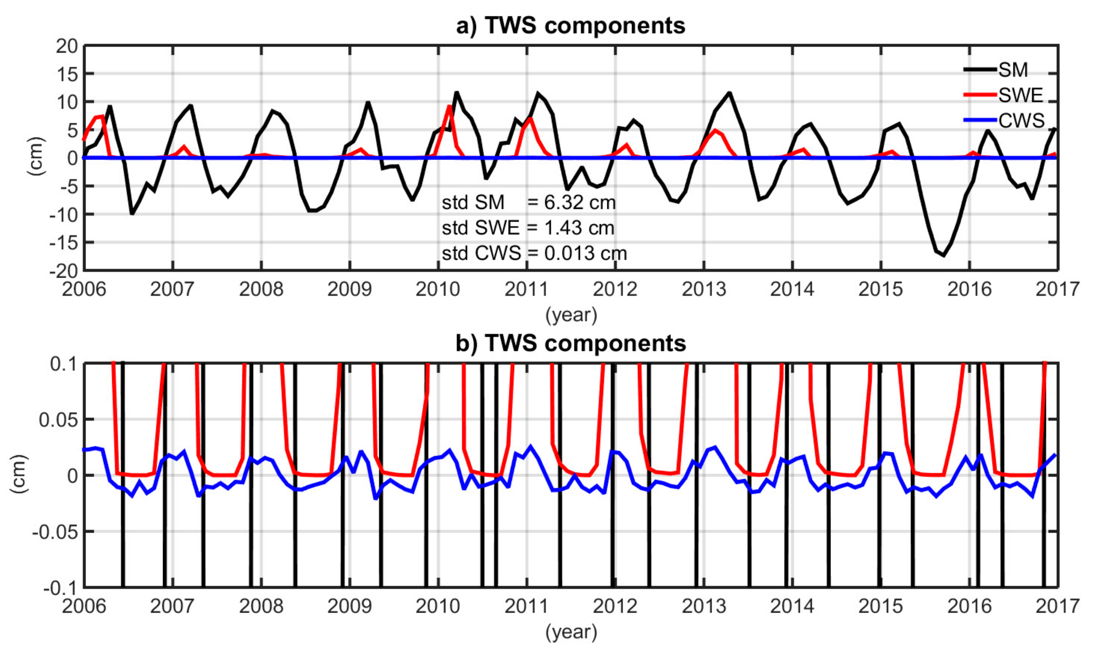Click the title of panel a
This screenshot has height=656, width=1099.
(570, 26)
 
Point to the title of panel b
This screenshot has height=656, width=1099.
(570, 343)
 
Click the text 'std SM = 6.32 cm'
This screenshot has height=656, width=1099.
(529, 202)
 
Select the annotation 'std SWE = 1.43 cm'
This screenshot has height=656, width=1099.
(528, 228)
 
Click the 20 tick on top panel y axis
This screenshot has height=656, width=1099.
(66, 46)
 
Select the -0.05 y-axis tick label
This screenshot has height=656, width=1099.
(55, 532)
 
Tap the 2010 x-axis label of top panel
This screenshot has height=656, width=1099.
(438, 289)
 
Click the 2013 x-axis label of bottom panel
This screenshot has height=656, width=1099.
(703, 606)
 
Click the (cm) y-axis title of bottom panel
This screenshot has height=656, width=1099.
(18, 475)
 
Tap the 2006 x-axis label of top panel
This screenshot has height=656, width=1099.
(84, 289)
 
